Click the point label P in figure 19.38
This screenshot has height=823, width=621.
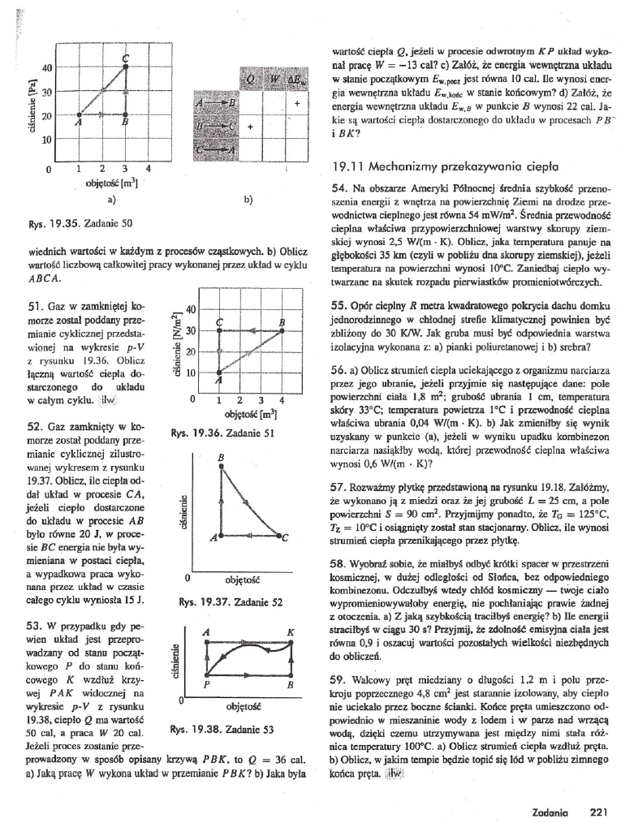point(207,684)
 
